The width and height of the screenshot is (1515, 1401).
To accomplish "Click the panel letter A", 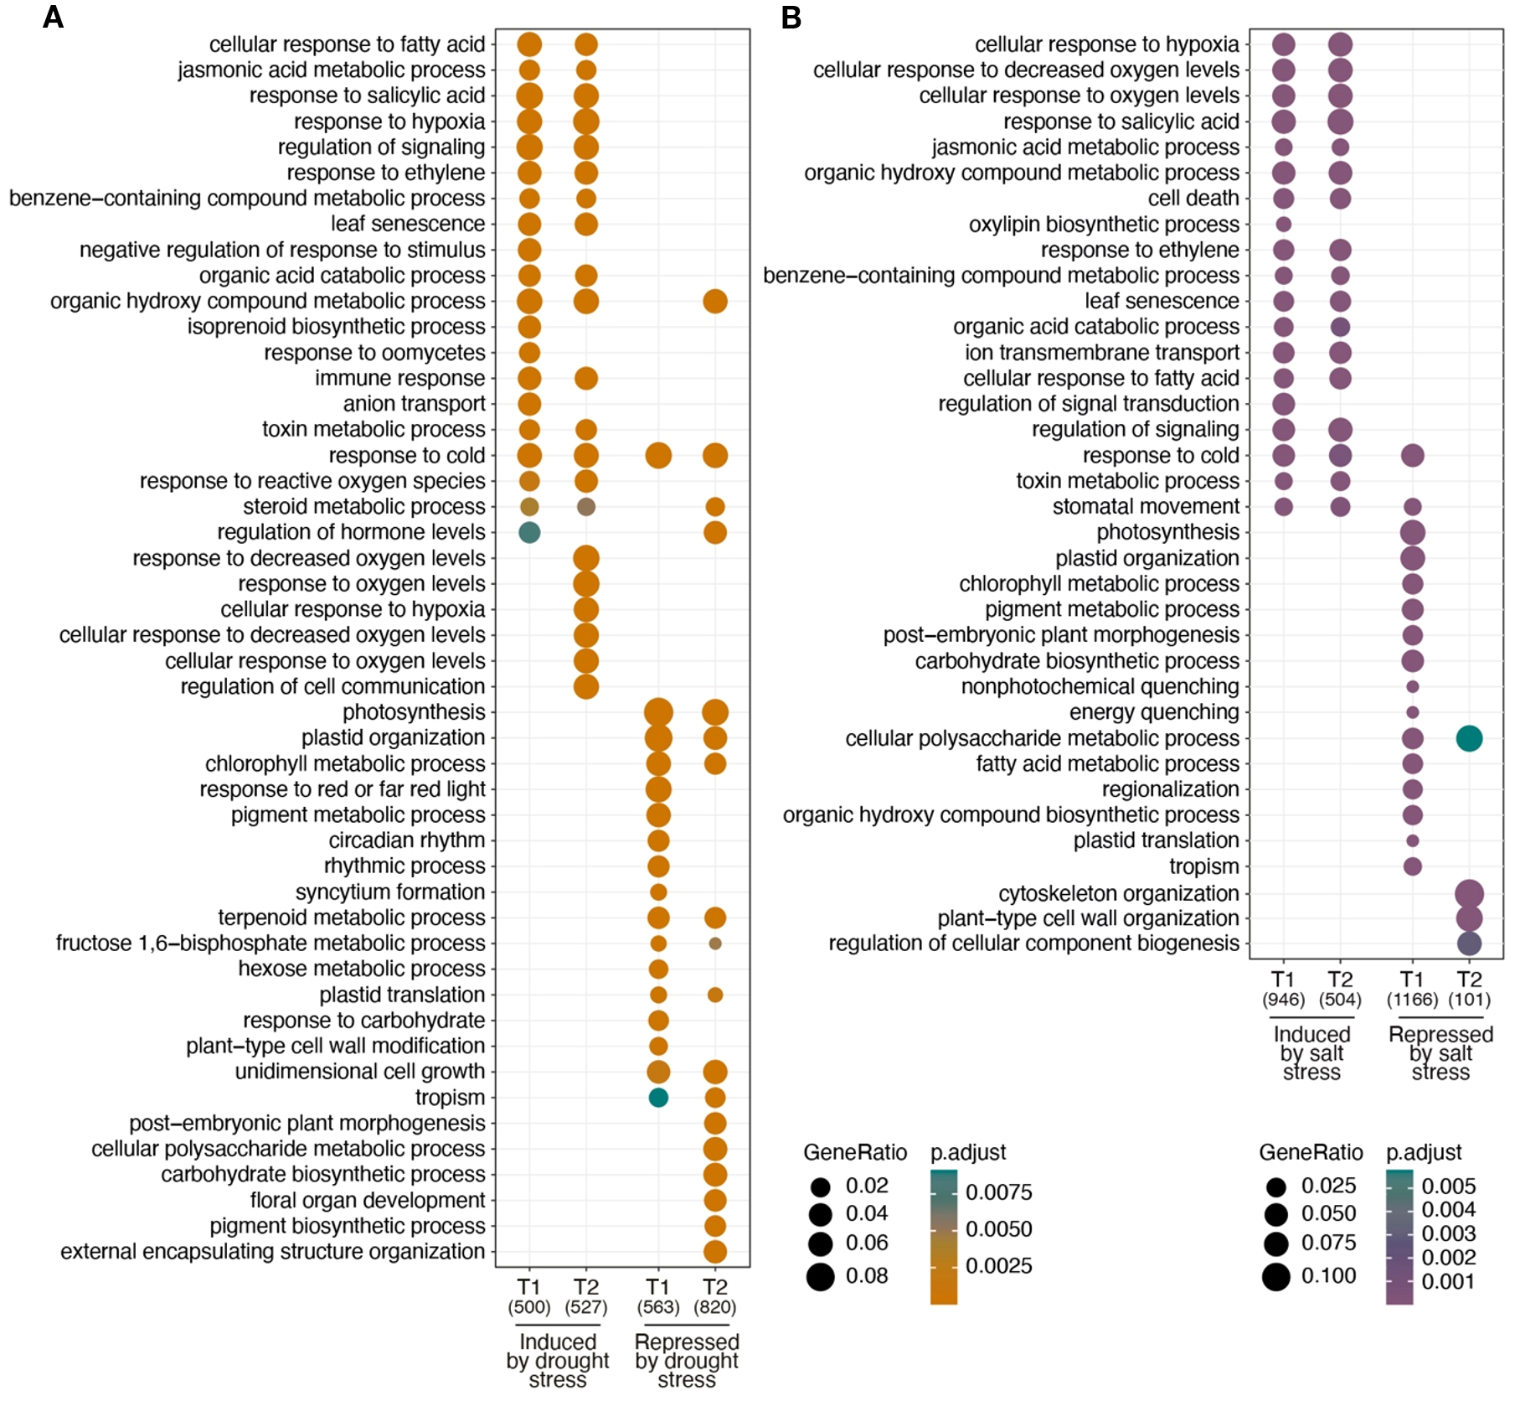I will pyautogui.click(x=53, y=17).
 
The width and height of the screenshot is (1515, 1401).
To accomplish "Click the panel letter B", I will pyautogui.click(x=791, y=17).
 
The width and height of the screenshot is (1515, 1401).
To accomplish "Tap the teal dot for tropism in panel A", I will pyautogui.click(x=658, y=1097).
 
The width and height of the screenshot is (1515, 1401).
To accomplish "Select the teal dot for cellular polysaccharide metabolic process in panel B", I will pyautogui.click(x=1469, y=738).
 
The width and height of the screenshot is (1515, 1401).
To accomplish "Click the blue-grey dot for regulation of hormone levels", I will pyautogui.click(x=529, y=532).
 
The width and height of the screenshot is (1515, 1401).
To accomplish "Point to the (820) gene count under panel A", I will pyautogui.click(x=714, y=1307).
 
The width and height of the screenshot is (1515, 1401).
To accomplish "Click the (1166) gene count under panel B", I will pyautogui.click(x=1412, y=1000).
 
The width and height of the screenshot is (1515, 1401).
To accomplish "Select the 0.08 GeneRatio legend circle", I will pyautogui.click(x=821, y=1276).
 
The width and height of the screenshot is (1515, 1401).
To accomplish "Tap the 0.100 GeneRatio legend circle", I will pyautogui.click(x=1276, y=1277).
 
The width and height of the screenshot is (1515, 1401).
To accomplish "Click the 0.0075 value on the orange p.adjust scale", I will pyautogui.click(x=998, y=1192).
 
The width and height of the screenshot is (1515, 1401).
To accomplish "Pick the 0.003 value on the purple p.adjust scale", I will pyautogui.click(x=1448, y=1233).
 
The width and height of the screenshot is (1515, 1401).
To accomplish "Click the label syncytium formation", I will pyautogui.click(x=390, y=892).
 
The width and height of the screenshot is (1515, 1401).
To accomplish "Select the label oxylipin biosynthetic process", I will pyautogui.click(x=1103, y=225).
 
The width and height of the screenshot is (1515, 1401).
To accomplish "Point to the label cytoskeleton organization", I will pyautogui.click(x=1118, y=893).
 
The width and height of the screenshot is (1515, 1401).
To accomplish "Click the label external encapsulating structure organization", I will pyautogui.click(x=273, y=1251).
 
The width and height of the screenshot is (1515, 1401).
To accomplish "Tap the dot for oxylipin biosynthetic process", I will pyautogui.click(x=1283, y=225).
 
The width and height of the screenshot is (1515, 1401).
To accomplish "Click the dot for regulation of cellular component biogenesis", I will pyautogui.click(x=1469, y=943).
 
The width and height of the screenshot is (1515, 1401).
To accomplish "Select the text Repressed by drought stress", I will pyautogui.click(x=687, y=1360).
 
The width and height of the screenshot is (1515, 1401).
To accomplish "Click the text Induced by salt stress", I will pyautogui.click(x=1311, y=1052).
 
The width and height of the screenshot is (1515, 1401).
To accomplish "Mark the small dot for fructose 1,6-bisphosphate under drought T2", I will pyautogui.click(x=714, y=943).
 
